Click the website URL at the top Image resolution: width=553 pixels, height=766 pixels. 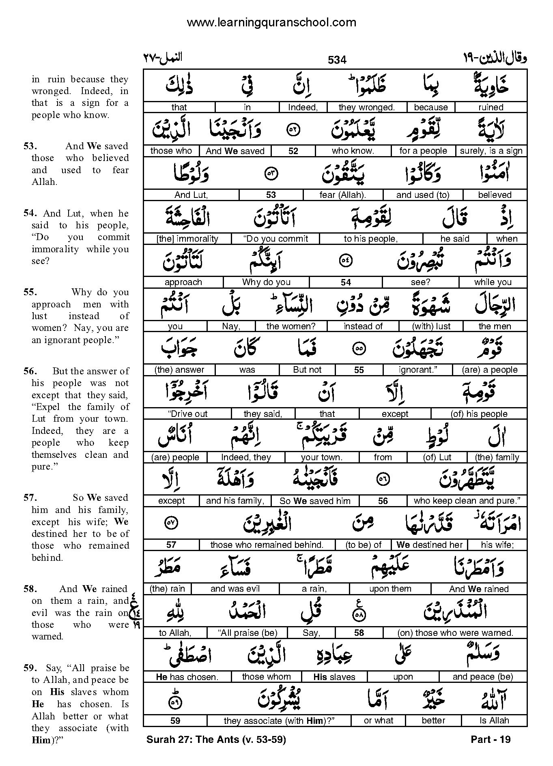click(x=271, y=23)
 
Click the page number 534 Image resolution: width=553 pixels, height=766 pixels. click(x=337, y=60)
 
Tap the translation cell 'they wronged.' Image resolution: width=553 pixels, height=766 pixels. click(x=366, y=107)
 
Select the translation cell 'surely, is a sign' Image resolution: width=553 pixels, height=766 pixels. click(x=491, y=151)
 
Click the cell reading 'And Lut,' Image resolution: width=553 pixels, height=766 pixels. click(x=191, y=195)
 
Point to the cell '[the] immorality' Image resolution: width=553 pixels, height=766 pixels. click(x=187, y=239)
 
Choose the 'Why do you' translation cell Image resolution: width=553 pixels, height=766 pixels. click(x=266, y=282)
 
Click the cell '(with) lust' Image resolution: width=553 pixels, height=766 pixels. click(x=431, y=326)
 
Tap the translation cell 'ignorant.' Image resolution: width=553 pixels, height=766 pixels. click(x=417, y=370)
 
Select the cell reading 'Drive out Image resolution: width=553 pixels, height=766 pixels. click(x=187, y=414)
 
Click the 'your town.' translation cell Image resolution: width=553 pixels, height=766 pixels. click(x=322, y=457)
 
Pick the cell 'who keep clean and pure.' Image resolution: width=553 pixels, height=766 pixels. click(x=467, y=501)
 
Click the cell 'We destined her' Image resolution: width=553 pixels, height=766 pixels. click(x=429, y=545)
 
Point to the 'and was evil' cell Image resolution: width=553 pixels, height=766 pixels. click(x=235, y=589)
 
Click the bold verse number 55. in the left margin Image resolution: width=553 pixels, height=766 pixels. click(x=30, y=292)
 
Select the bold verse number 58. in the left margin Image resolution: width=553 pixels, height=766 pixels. click(x=30, y=589)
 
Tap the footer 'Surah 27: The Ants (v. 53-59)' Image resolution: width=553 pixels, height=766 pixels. click(x=216, y=740)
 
